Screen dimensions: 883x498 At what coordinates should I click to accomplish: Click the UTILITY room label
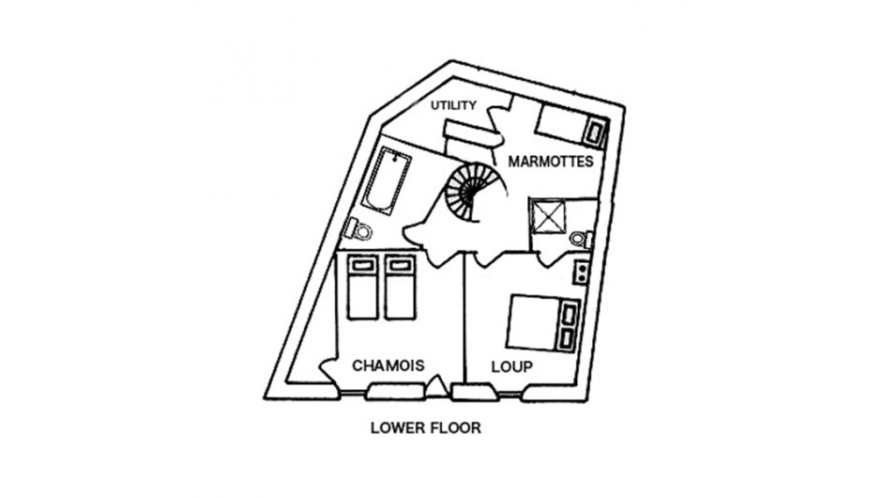[x=453, y=105]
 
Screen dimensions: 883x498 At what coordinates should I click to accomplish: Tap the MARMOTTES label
[x=551, y=162]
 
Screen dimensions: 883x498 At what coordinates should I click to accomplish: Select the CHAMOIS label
[x=388, y=366]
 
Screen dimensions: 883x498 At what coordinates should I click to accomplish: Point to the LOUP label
[x=512, y=366]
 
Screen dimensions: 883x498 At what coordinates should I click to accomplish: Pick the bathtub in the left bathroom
[x=387, y=180]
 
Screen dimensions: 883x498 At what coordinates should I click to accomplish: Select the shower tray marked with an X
[x=549, y=216]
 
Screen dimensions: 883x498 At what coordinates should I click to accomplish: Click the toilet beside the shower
[x=581, y=239]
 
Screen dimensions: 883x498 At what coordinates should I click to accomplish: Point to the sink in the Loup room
[x=581, y=272]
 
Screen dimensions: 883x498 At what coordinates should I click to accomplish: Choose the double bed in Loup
[x=542, y=324]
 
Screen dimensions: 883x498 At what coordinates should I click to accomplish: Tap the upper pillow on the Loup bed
[x=569, y=313]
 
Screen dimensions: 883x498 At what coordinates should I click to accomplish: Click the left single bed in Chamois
[x=362, y=288]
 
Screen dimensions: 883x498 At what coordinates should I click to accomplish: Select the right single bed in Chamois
[x=401, y=288]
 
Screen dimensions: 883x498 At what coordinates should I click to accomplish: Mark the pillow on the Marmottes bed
[x=594, y=132]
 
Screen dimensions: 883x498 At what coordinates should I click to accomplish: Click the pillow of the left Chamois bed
[x=362, y=265]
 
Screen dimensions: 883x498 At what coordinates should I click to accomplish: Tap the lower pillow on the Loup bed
[x=567, y=338]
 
